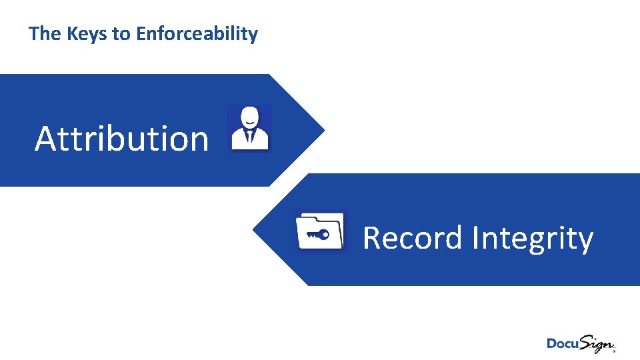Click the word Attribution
[x=121, y=139]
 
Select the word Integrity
[x=533, y=239]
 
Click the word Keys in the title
[x=87, y=34]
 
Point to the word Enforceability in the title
[x=197, y=34]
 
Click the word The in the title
[x=45, y=34]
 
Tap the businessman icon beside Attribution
[x=249, y=128]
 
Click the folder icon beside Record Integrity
[x=321, y=231]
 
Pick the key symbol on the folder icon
[x=316, y=235]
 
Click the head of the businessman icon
[x=249, y=117]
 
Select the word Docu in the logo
[x=562, y=343]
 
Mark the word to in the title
[x=121, y=34]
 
